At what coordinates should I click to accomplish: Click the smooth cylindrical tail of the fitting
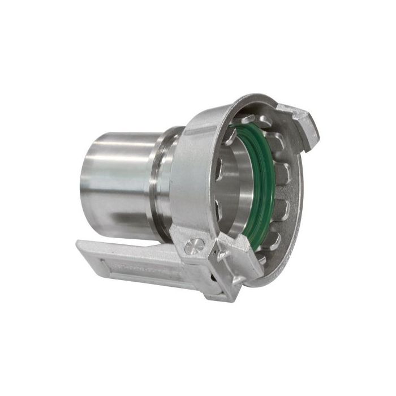pos(116,175)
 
